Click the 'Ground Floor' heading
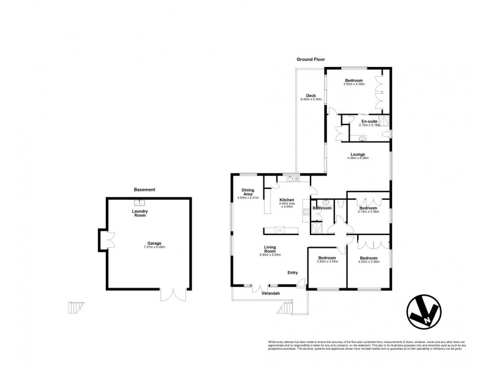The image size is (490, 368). tap(310, 59)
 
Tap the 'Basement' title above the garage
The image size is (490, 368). tap(145, 190)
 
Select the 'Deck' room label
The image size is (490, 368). tap(311, 96)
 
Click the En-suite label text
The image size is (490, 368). tap(369, 121)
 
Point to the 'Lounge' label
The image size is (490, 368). tap(358, 155)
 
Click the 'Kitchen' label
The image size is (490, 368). tap(287, 200)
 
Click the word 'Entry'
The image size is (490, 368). tap(292, 273)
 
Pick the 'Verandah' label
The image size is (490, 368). tap(271, 294)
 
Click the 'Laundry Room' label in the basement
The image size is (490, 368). tap(140, 213)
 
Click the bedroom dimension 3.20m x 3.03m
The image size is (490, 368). tap(327, 262)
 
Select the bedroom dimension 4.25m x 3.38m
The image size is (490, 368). tap(369, 262)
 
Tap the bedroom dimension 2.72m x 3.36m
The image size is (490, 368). tap(367, 212)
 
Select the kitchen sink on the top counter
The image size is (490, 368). tap(293, 178)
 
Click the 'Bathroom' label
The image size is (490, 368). tap(322, 208)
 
